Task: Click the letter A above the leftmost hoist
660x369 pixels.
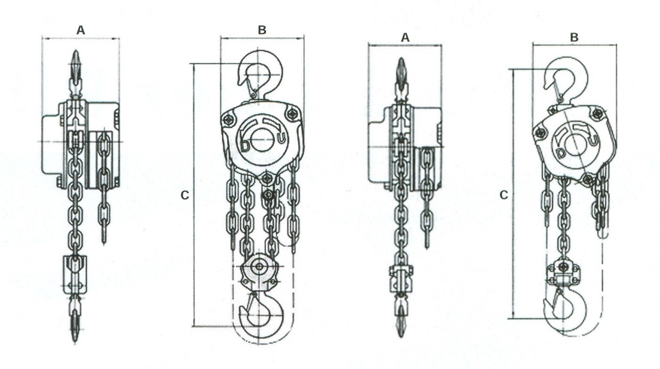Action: [x=81, y=30]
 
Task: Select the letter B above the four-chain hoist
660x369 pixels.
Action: [x=262, y=30]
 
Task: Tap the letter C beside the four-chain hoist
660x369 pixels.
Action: [x=185, y=195]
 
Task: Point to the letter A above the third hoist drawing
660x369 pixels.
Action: [x=405, y=38]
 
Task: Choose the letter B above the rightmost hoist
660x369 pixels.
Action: [x=574, y=37]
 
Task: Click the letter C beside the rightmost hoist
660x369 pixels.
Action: [x=504, y=195]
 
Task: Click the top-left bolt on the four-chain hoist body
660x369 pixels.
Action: [x=229, y=120]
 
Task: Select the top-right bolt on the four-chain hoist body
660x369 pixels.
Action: [x=292, y=113]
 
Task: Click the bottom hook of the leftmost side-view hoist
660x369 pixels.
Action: [x=75, y=320]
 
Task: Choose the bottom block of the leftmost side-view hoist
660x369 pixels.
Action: [x=75, y=275]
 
